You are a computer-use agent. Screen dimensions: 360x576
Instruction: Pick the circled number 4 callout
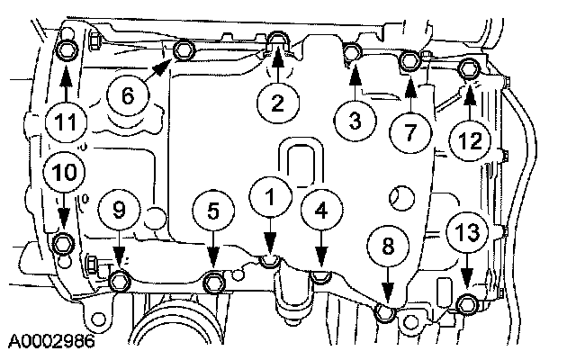321,208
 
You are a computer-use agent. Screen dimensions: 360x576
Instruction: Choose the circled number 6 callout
127,94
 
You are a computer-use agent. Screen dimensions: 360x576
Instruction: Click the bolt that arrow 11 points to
65,46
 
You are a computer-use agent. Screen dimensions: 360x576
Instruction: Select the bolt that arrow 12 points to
468,67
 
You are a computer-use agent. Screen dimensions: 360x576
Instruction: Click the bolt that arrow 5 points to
213,283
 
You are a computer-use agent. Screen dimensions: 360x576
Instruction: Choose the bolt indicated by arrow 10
64,243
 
